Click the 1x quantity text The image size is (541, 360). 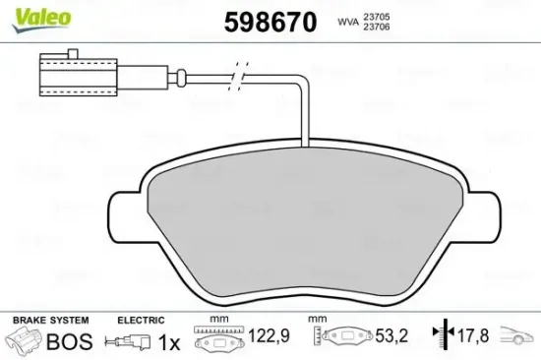point(168,341)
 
